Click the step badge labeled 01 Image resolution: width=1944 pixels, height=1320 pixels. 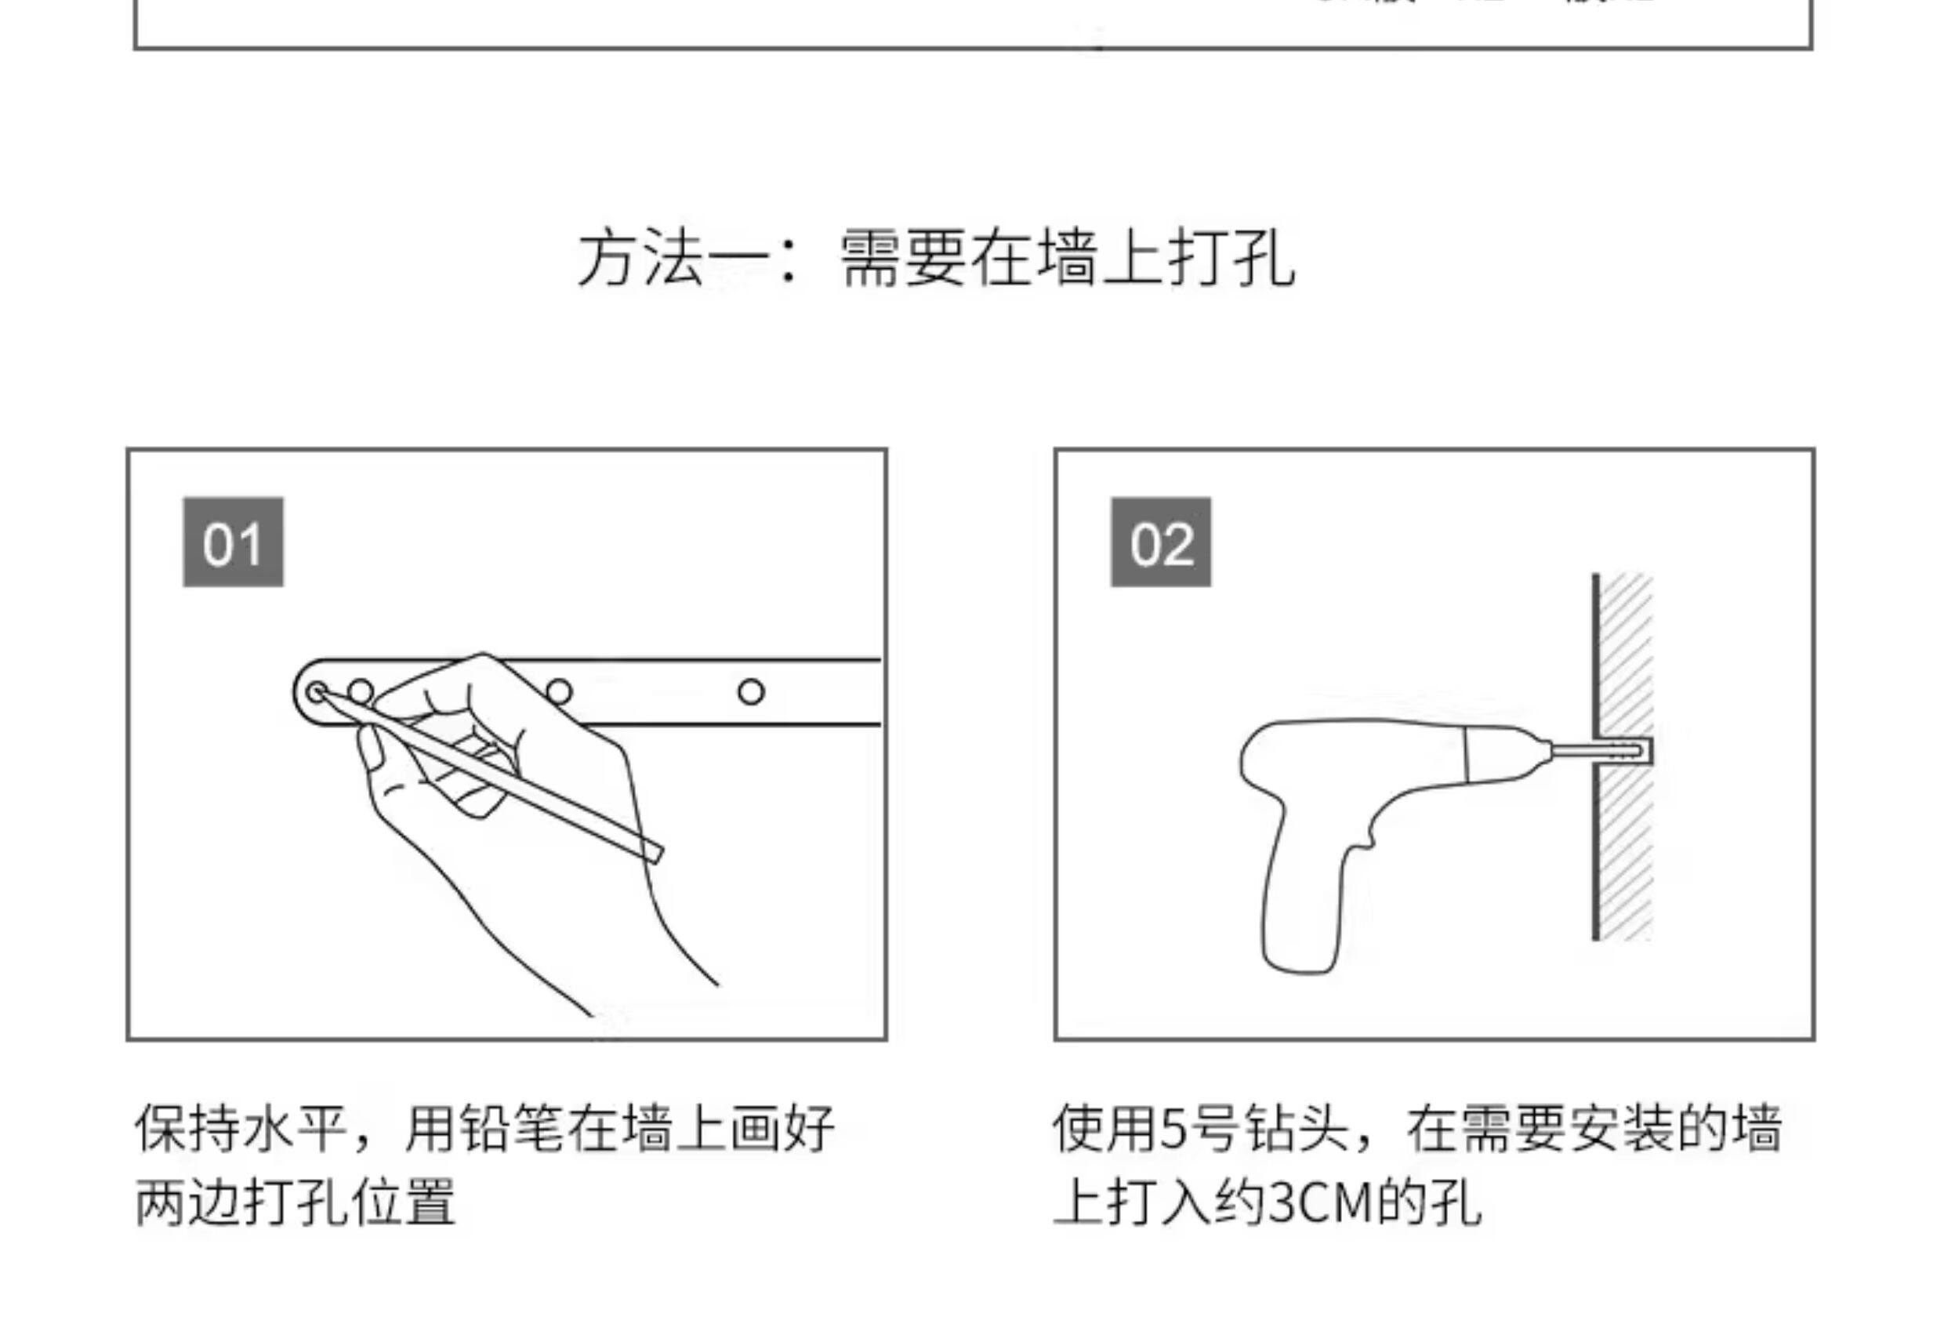pos(233,542)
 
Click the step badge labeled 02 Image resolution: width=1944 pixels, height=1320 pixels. pos(1160,542)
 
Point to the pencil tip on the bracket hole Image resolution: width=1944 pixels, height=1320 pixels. pos(318,692)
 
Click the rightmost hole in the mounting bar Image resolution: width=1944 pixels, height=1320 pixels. pos(750,692)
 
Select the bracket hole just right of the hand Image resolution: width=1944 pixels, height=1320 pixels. pos(559,692)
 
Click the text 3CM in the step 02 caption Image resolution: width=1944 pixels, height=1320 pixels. pos(1322,1203)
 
